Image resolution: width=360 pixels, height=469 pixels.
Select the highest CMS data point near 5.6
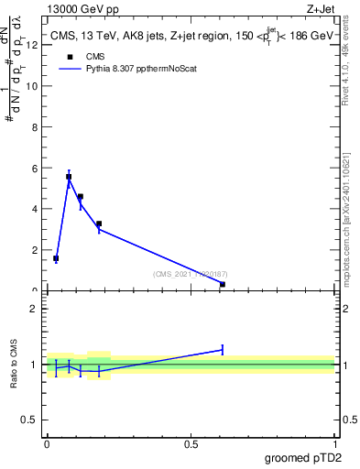(x=69, y=177)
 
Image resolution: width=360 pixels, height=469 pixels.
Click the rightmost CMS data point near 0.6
(x=223, y=284)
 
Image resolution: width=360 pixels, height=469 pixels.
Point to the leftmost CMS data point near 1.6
(x=56, y=258)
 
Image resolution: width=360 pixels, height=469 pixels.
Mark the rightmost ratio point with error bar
(x=223, y=349)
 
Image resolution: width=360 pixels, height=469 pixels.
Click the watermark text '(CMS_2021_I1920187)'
(x=191, y=273)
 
